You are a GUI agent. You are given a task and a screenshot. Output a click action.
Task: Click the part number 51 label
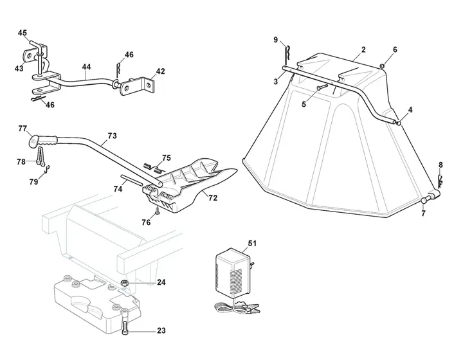(252, 244)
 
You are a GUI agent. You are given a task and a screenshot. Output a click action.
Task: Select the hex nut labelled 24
(124, 283)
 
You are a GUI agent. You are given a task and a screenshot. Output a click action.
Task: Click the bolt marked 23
(125, 323)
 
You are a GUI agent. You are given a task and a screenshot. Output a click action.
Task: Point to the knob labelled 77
(33, 140)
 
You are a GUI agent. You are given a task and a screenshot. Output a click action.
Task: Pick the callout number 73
(112, 136)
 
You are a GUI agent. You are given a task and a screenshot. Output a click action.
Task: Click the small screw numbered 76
(157, 211)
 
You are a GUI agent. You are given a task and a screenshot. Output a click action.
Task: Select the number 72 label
(213, 198)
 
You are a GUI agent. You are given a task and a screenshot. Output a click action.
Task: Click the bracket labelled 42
(138, 86)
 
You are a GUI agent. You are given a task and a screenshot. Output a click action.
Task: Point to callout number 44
(86, 67)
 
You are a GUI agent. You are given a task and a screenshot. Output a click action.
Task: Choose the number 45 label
(22, 33)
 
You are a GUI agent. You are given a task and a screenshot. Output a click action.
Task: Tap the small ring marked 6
(381, 65)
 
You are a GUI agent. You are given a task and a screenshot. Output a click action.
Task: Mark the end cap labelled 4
(399, 123)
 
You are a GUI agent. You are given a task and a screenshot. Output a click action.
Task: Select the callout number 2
(363, 50)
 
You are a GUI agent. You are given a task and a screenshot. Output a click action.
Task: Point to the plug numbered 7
(424, 200)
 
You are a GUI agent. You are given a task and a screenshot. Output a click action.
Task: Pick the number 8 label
(441, 165)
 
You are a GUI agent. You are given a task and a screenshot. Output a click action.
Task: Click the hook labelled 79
(47, 170)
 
